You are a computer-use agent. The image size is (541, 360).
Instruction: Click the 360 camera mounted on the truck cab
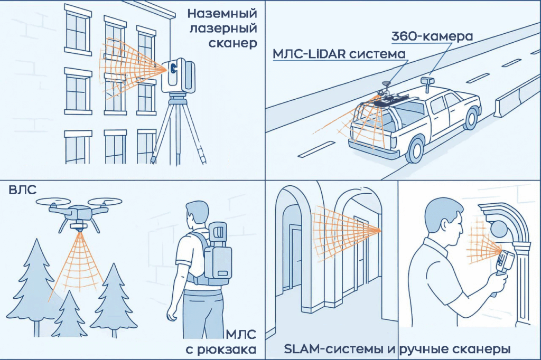[427, 80]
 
